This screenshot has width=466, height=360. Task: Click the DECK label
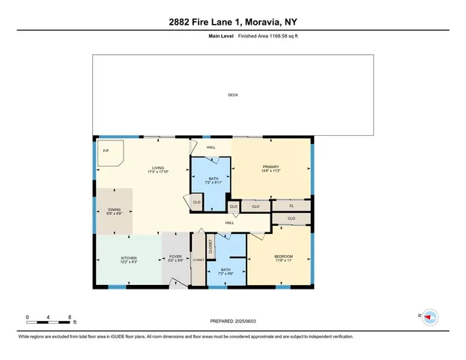click(x=233, y=94)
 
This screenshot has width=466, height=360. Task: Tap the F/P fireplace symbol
click(x=106, y=151)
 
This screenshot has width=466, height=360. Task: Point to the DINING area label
click(x=114, y=210)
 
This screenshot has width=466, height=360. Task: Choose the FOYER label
click(x=175, y=257)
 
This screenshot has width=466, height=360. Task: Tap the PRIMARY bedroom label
click(x=270, y=167)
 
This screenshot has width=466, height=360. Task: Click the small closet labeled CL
click(x=291, y=204)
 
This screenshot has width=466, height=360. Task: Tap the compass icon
click(x=430, y=317)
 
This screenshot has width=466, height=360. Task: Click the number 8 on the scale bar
click(x=69, y=316)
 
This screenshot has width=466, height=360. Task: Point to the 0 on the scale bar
click(x=28, y=316)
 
